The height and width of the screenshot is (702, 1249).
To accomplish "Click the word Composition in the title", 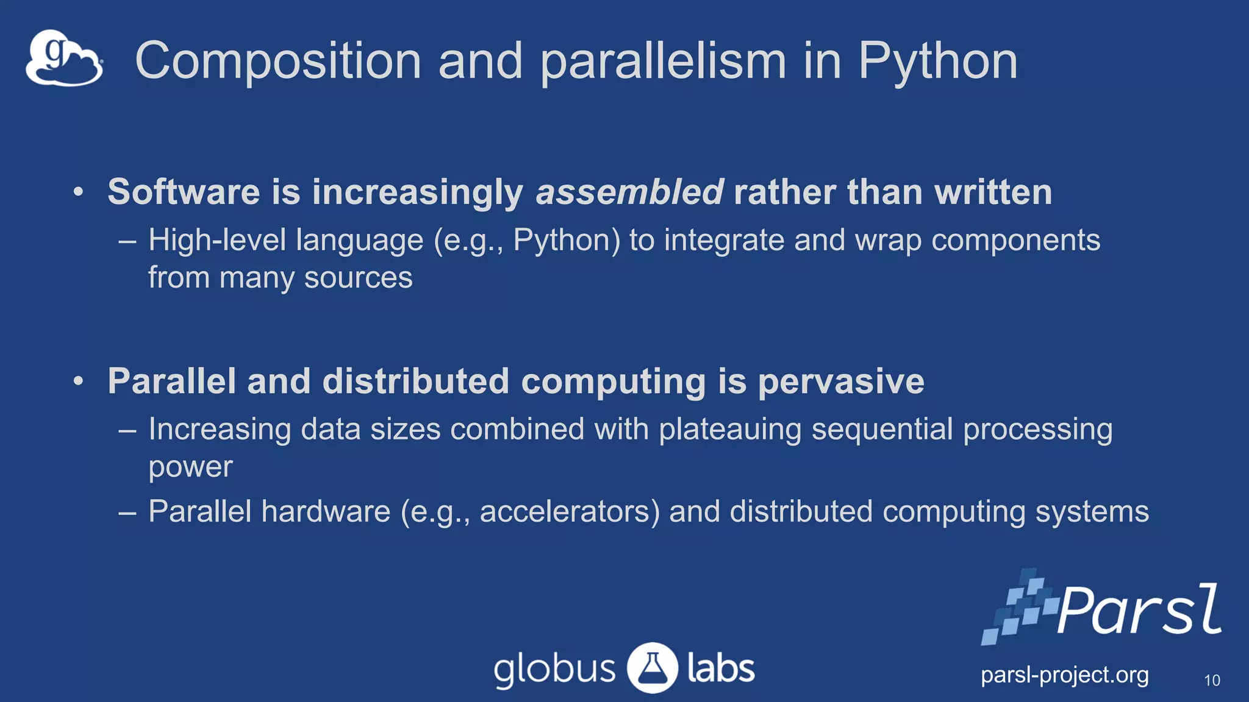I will pyautogui.click(x=278, y=61).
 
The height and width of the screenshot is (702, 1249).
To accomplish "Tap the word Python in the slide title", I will pyautogui.click(x=938, y=61).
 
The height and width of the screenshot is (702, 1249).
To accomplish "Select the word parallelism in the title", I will pyautogui.click(x=663, y=61).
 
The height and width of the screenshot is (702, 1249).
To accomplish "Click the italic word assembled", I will pyautogui.click(x=629, y=192).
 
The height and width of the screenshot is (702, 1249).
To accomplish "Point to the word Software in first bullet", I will pyautogui.click(x=184, y=192).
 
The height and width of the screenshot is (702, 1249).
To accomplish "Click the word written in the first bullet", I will pyautogui.click(x=993, y=192).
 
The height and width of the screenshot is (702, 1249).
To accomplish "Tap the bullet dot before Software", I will pyautogui.click(x=78, y=193).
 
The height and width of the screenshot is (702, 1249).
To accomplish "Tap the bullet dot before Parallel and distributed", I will pyautogui.click(x=78, y=381).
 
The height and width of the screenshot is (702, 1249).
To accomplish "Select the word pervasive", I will pyautogui.click(x=841, y=381).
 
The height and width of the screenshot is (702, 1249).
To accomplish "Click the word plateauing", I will pyautogui.click(x=730, y=429).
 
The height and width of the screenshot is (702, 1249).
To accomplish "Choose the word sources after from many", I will pyautogui.click(x=358, y=278).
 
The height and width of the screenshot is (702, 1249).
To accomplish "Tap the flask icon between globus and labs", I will pyautogui.click(x=653, y=668).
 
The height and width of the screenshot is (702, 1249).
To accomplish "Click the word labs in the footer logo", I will pyautogui.click(x=721, y=668).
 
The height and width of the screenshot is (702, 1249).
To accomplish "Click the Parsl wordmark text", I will pyautogui.click(x=1139, y=610).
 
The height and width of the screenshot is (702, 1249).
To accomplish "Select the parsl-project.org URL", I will pyautogui.click(x=1064, y=675).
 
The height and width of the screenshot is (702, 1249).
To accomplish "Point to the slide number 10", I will pyautogui.click(x=1212, y=681).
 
